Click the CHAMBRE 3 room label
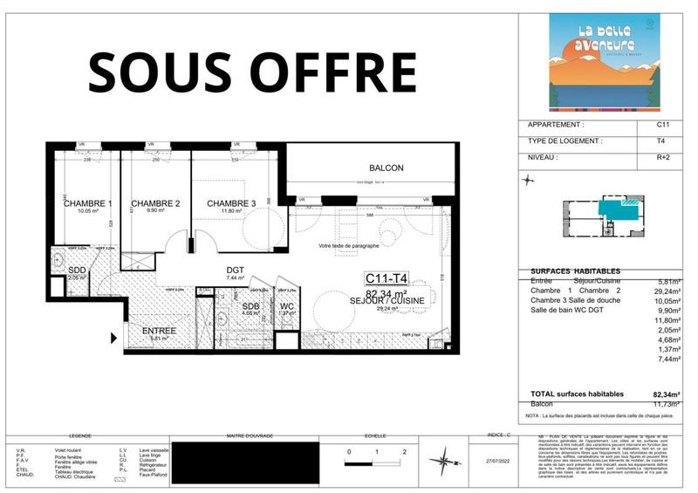pos(231,204)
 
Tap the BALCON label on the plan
pos(386,168)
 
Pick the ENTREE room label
pos(160,332)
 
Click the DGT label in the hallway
pos(235,270)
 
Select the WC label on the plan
pos(287,306)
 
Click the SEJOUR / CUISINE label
pos(399,301)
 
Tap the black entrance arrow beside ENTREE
pos(113,339)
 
